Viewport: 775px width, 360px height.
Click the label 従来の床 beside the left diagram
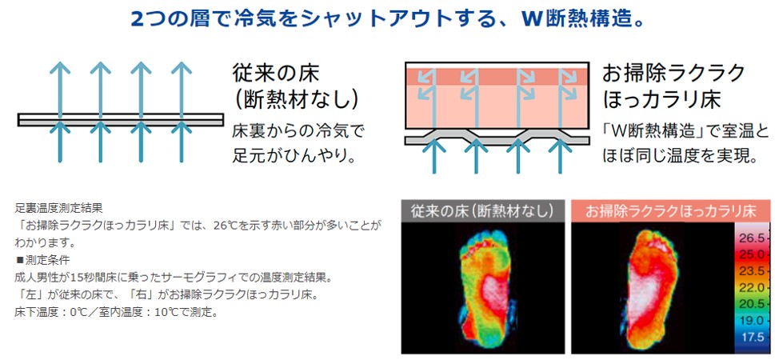(x=276, y=73)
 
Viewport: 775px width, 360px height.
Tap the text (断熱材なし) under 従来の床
(x=295, y=100)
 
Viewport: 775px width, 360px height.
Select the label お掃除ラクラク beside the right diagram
(x=673, y=73)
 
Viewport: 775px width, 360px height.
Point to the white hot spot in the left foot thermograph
(x=495, y=296)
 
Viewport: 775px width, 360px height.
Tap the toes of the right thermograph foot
(x=652, y=239)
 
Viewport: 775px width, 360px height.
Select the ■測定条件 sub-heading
(x=43, y=260)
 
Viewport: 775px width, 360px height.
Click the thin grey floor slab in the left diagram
(x=121, y=120)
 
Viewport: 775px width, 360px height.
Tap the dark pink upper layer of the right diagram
(x=497, y=77)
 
